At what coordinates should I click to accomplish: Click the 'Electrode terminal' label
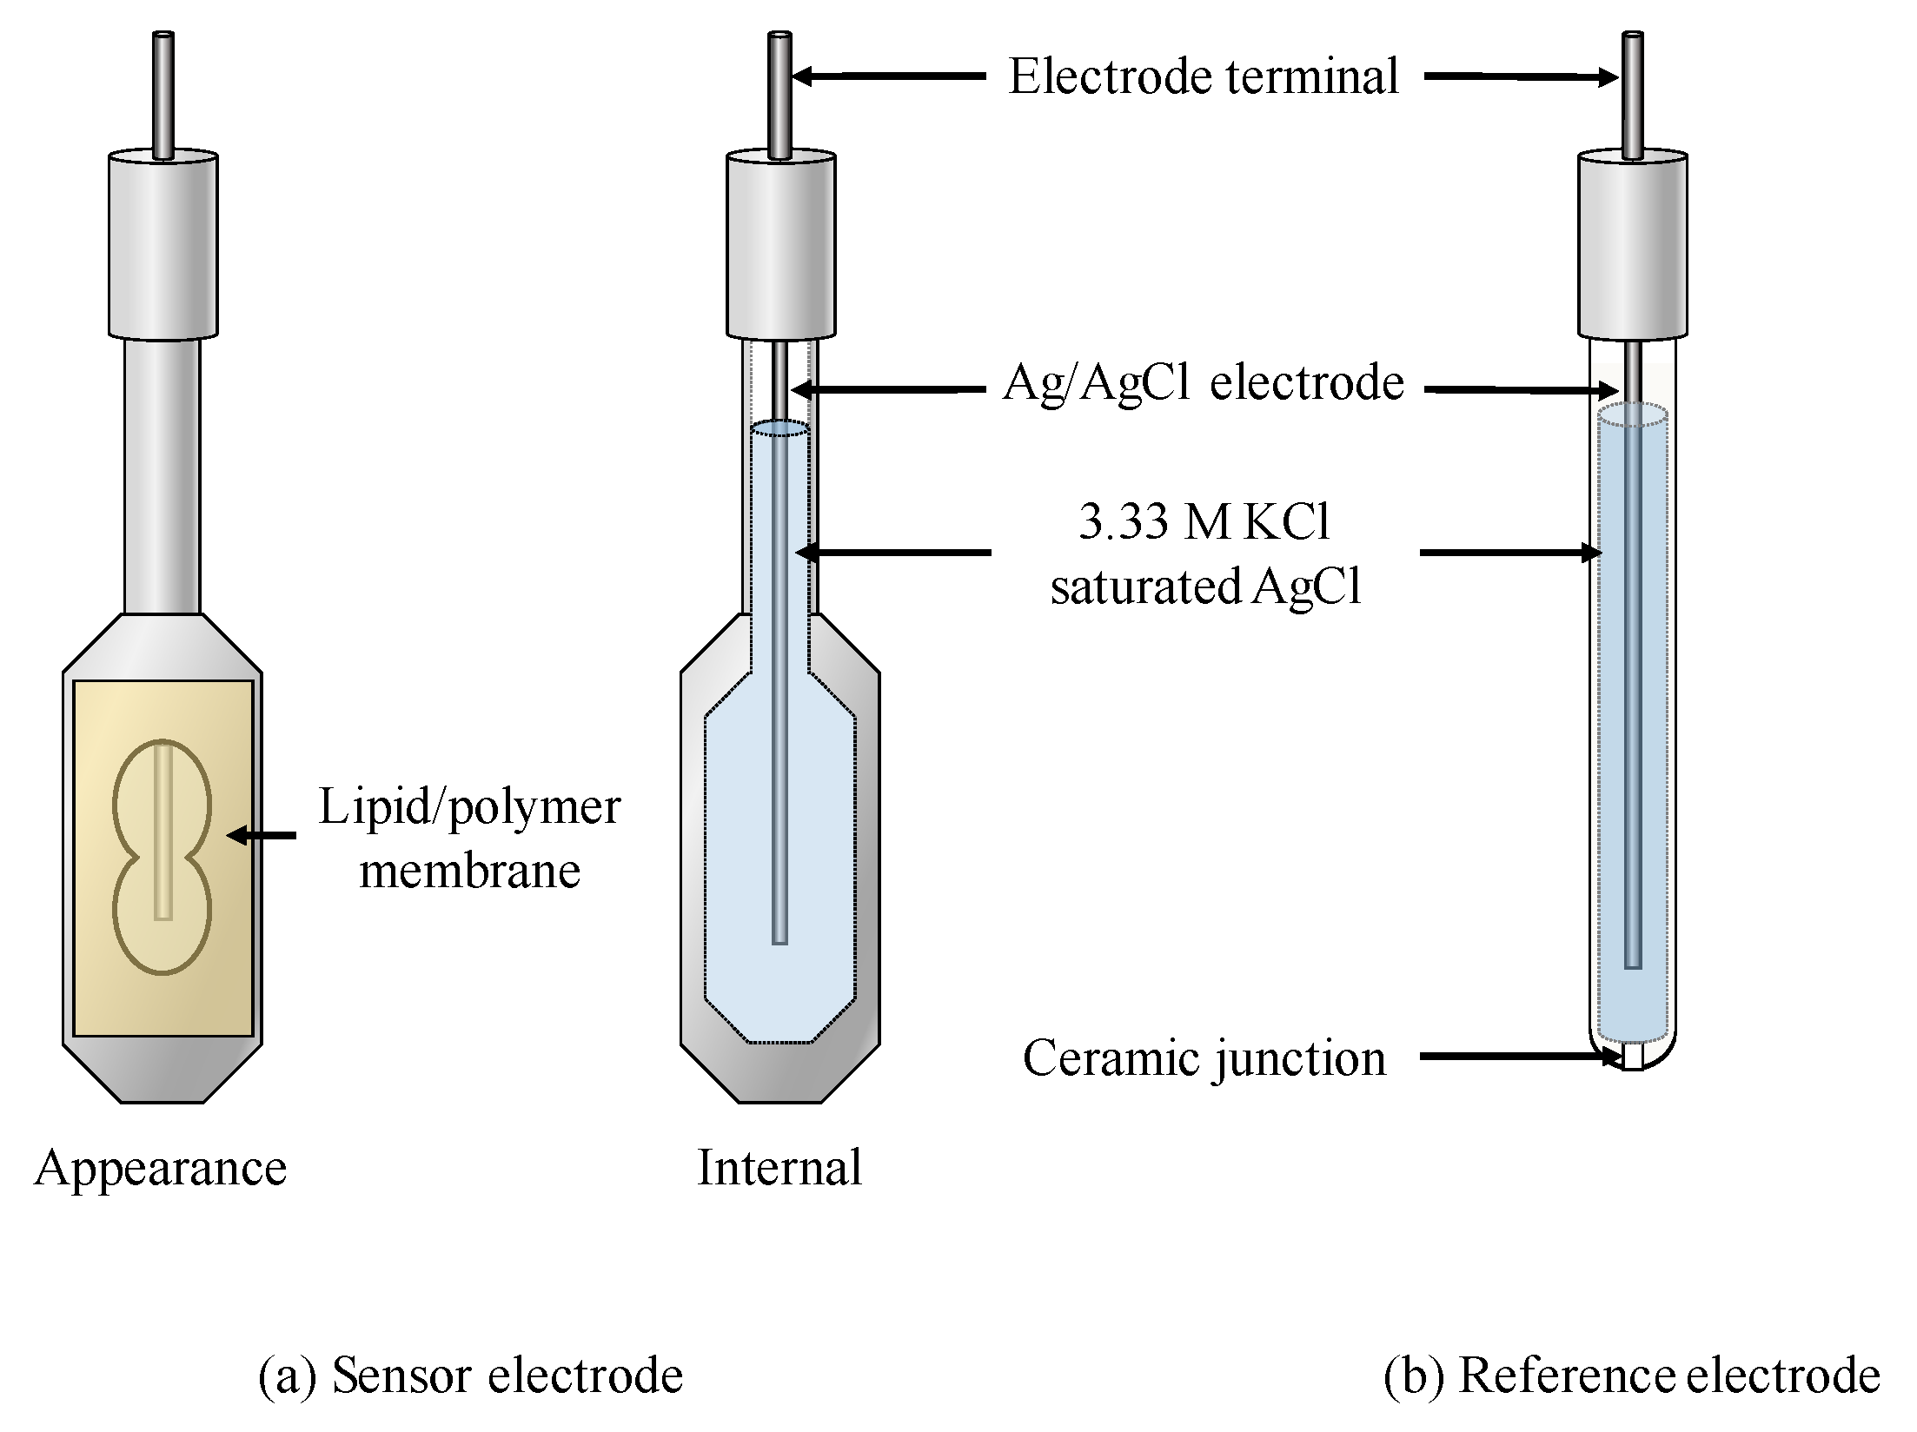[x=1203, y=76]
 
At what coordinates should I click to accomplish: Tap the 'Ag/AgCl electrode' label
[x=1203, y=382]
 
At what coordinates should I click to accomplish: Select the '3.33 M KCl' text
[x=1204, y=521]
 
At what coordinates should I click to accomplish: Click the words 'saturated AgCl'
[x=1204, y=586]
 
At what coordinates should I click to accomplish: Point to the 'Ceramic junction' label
[x=1204, y=1057]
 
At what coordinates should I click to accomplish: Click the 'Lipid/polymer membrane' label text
[x=469, y=838]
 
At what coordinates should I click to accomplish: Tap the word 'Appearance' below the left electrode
[x=161, y=1167]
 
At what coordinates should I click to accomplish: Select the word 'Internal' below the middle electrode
[x=779, y=1167]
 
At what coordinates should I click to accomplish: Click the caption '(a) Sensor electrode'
[x=470, y=1376]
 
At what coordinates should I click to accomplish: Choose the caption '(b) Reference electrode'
[x=1631, y=1376]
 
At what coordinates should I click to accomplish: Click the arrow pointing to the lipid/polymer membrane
[x=261, y=835]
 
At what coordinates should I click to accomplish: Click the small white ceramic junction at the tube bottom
[x=1632, y=1056]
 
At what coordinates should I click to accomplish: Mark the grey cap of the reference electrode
[x=1632, y=246]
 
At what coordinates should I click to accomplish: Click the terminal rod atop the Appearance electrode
[x=163, y=96]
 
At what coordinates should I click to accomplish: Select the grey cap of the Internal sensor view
[x=780, y=246]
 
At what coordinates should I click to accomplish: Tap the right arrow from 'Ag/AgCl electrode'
[x=1521, y=390]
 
